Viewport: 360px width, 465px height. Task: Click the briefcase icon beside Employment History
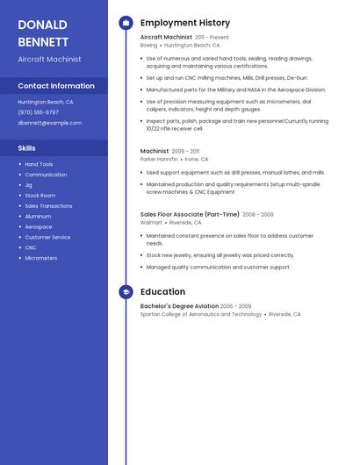click(x=126, y=23)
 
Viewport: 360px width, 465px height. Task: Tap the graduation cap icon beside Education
click(x=126, y=292)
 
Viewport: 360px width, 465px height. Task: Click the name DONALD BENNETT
click(x=43, y=32)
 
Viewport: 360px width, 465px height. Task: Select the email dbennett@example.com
click(x=49, y=123)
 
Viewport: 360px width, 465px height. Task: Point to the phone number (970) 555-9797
click(x=39, y=112)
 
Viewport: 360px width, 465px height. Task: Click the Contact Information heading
click(x=56, y=86)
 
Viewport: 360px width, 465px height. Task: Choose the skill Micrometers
click(x=40, y=258)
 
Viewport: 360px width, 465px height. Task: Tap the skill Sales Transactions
click(x=48, y=206)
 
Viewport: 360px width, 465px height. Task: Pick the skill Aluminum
click(x=38, y=217)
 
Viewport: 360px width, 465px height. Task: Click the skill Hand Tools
click(x=39, y=164)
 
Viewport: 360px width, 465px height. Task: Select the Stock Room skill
click(x=40, y=196)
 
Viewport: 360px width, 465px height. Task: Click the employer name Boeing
click(x=148, y=45)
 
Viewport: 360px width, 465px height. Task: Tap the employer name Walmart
click(x=151, y=223)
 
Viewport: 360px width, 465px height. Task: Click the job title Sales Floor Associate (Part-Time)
click(x=190, y=214)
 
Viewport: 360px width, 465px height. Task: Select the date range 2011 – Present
click(x=212, y=38)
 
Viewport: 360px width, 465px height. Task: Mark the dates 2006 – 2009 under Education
click(x=235, y=306)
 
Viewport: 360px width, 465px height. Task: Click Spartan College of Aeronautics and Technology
click(x=201, y=314)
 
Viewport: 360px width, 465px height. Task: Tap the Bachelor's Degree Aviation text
click(x=179, y=306)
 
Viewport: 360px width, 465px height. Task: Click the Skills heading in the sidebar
click(x=27, y=148)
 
